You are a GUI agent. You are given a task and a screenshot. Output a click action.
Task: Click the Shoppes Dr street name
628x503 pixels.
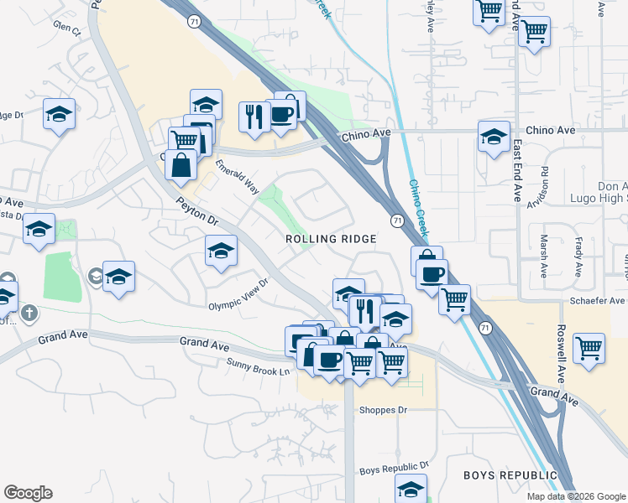point(383,411)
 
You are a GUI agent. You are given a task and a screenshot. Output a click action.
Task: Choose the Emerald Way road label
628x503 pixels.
point(238,177)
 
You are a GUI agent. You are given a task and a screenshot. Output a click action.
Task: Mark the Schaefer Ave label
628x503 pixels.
point(603,300)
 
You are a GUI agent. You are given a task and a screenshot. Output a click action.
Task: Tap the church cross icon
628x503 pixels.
point(30,314)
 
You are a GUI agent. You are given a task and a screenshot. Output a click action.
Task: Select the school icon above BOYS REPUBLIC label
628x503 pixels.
point(411,487)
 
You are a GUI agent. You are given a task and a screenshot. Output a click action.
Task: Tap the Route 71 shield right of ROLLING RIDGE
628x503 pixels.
point(395,220)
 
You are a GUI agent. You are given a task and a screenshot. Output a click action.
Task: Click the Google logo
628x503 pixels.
point(28,493)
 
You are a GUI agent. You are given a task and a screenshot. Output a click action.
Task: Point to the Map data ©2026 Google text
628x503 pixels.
point(576,496)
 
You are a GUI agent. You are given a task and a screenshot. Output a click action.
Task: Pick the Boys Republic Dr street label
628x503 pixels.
point(394,466)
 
